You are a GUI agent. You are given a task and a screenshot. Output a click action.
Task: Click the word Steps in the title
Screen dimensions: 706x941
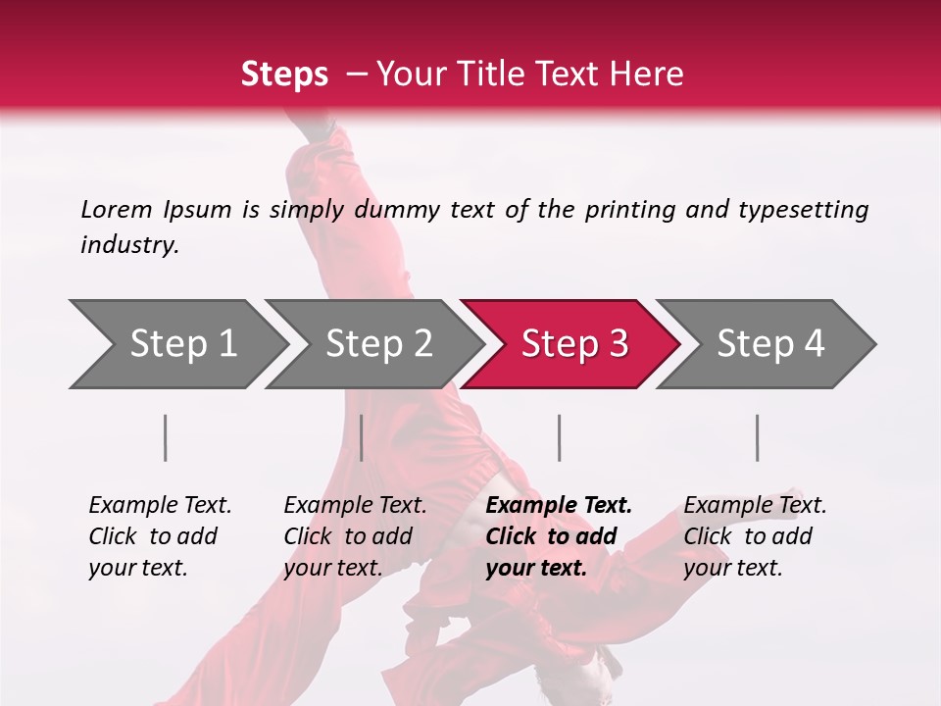284,74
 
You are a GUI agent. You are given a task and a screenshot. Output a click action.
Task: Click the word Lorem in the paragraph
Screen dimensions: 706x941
117,209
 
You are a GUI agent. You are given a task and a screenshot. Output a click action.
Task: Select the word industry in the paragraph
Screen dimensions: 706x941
128,244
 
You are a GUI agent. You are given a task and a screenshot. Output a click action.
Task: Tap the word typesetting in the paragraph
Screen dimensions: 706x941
802,209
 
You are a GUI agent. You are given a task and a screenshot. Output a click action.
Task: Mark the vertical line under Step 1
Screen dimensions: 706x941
166,437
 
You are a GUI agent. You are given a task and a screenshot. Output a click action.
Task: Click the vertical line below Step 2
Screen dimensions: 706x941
362,437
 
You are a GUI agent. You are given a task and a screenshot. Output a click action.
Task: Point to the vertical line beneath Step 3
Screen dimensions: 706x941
559,437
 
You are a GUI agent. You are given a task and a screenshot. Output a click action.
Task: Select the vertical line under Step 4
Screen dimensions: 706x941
757,437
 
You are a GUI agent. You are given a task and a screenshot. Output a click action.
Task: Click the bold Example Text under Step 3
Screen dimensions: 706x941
559,506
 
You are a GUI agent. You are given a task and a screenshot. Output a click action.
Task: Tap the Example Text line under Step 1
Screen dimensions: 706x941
160,506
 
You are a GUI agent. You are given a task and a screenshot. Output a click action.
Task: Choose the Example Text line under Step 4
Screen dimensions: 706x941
755,506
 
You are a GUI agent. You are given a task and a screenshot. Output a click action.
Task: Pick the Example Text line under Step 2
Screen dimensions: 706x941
355,506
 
